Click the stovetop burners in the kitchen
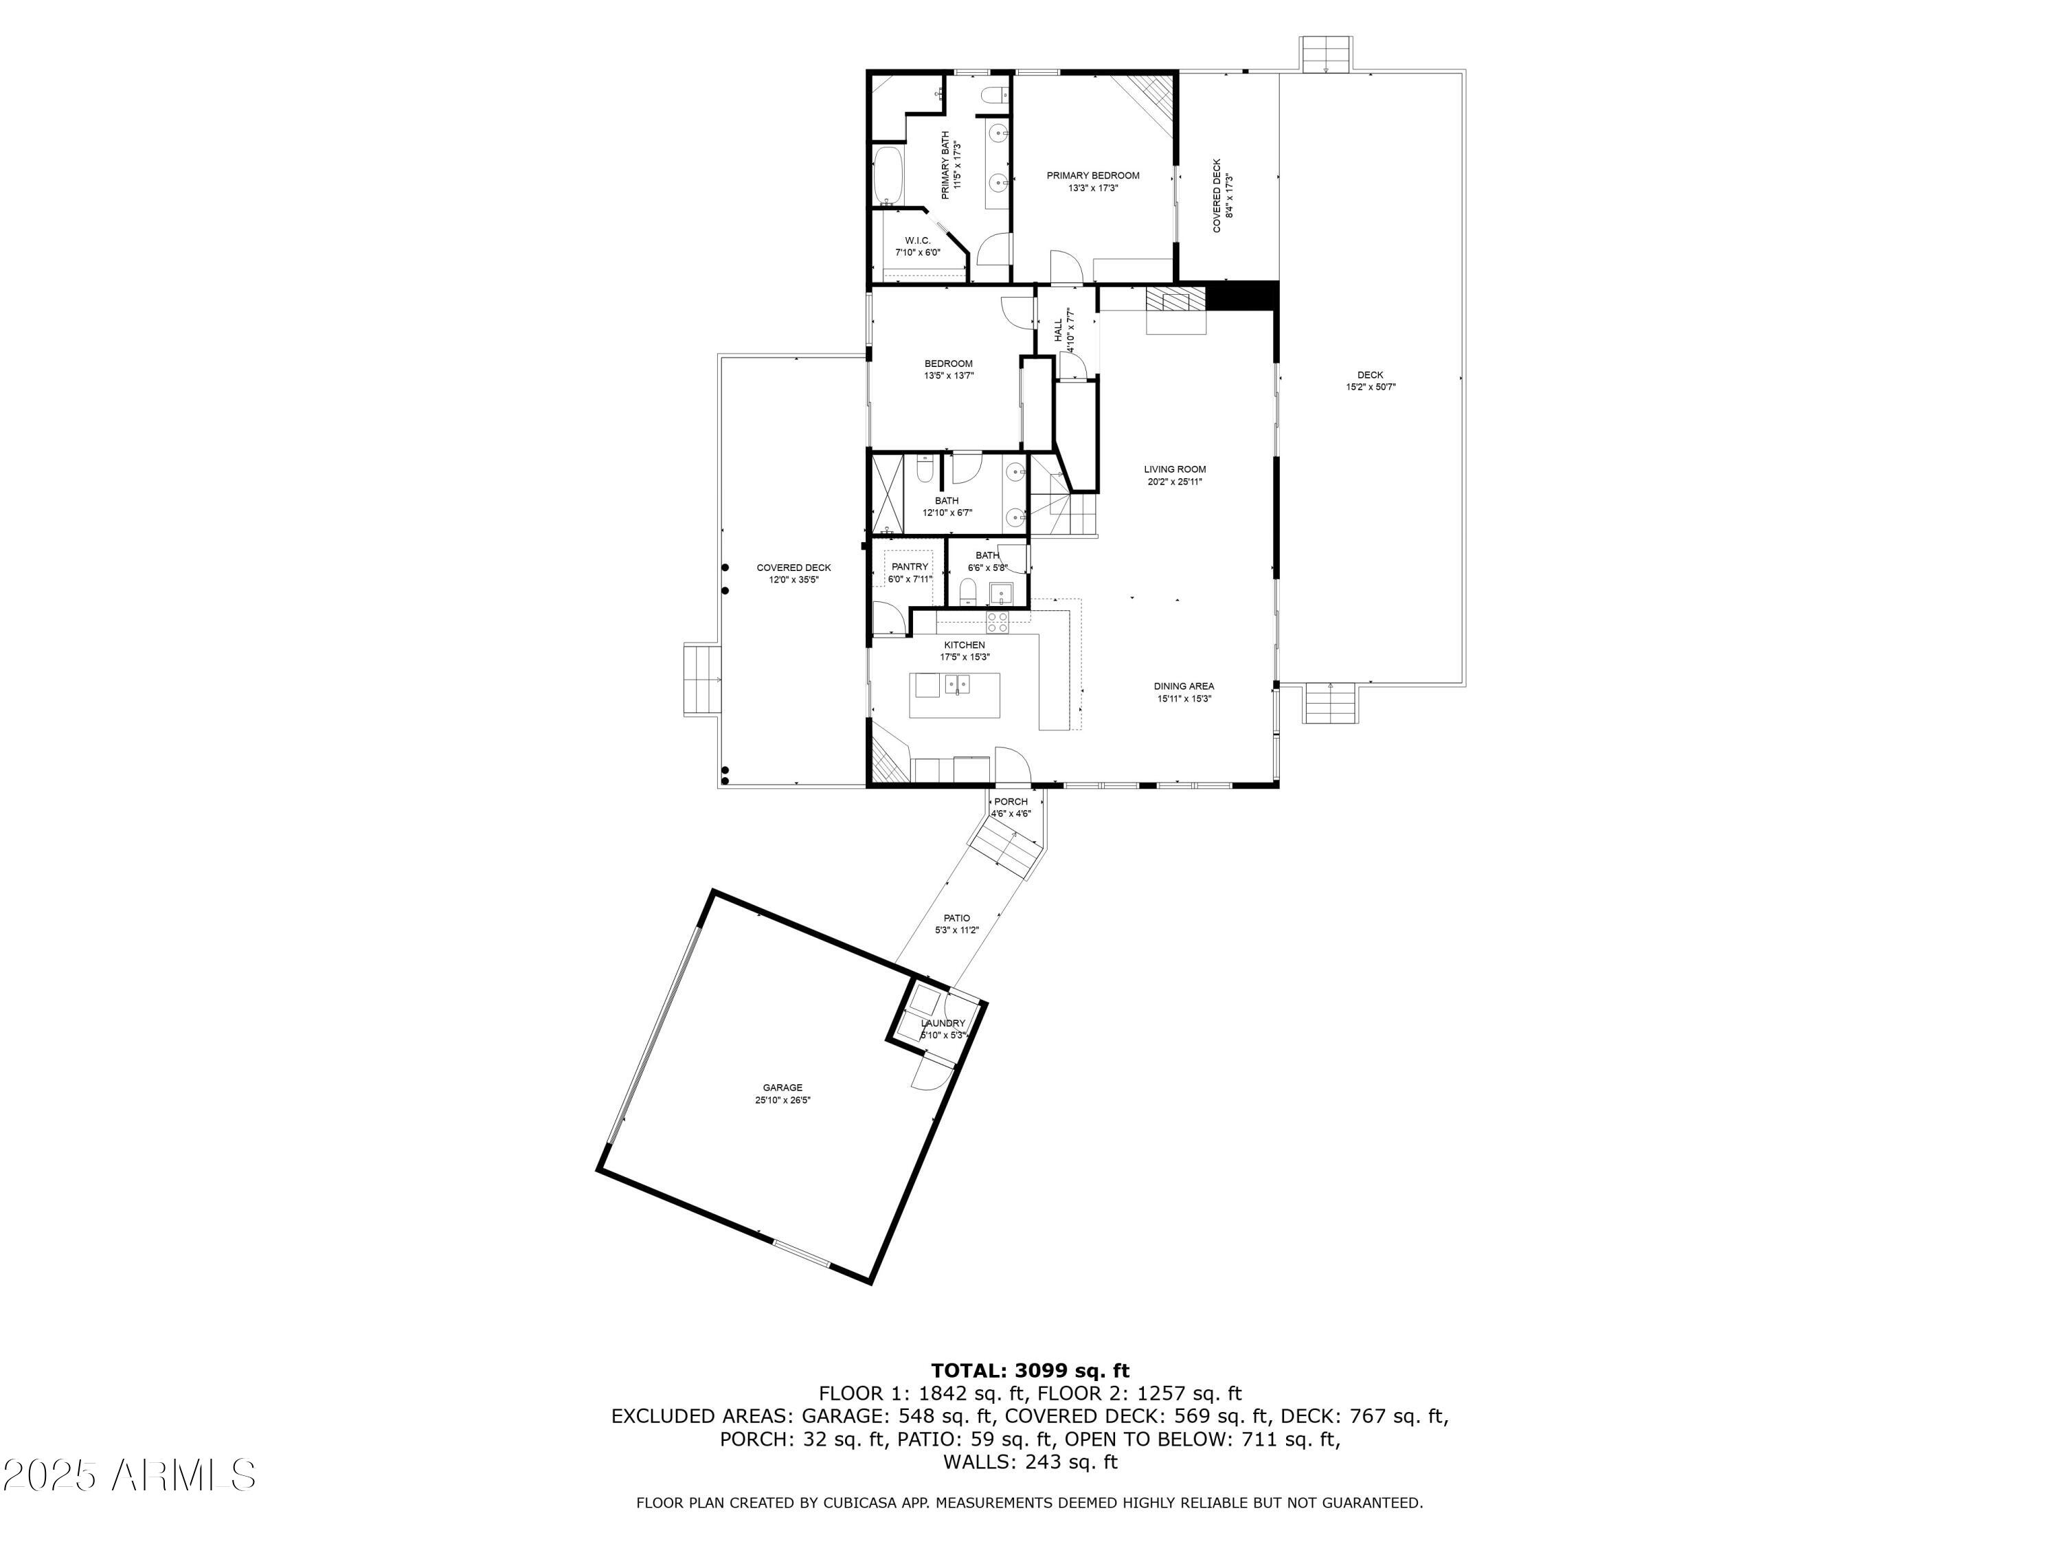(997, 622)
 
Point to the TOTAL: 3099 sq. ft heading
(1030, 1371)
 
